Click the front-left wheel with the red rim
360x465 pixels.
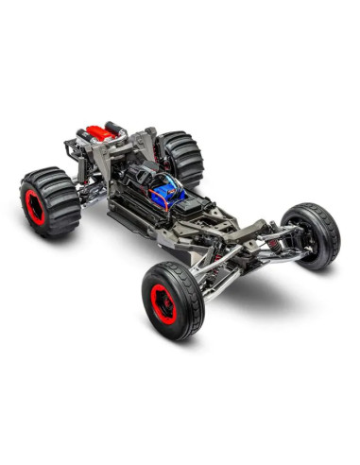172,300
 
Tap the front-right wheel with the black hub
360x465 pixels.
311,234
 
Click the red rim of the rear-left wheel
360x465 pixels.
35,207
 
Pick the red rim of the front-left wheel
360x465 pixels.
163,304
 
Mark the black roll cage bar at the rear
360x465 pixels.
117,128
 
